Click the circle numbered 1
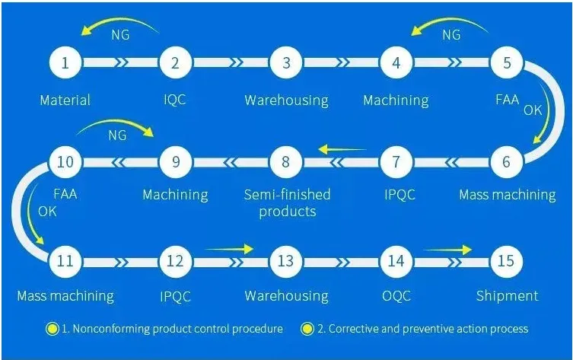[65, 63]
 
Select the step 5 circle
[507, 63]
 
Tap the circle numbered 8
[286, 161]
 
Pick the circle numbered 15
[507, 261]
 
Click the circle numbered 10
[65, 161]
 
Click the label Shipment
[507, 296]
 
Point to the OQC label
[396, 296]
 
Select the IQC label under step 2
[175, 100]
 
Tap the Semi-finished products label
[287, 203]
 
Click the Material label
[65, 100]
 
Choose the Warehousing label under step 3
[286, 100]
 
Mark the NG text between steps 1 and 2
[120, 35]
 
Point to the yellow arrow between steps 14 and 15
[448, 249]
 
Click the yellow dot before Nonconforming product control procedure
[52, 330]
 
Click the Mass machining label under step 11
[65, 296]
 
